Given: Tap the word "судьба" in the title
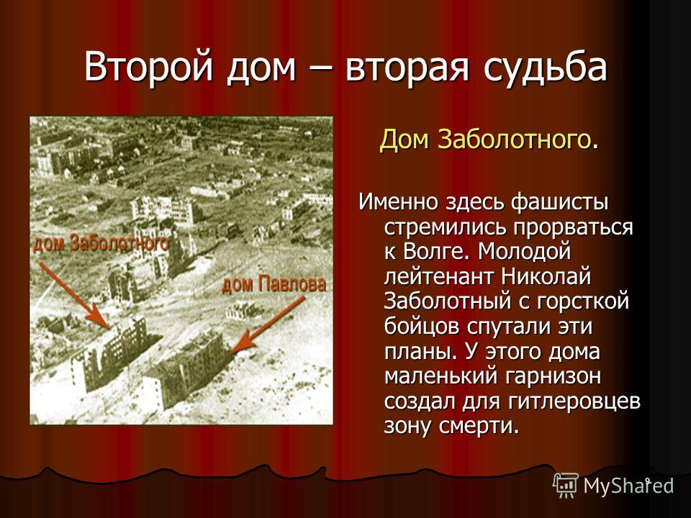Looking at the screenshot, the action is click(545, 67).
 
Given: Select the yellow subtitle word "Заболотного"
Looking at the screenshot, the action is click(514, 140).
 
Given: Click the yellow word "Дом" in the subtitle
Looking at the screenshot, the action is click(405, 139).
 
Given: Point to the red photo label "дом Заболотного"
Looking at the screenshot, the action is click(101, 243).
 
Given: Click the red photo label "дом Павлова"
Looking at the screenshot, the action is click(274, 285).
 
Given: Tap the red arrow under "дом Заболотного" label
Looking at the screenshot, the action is click(74, 296).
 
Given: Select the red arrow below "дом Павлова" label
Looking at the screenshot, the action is click(268, 324).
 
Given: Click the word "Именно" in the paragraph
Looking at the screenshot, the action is click(398, 202).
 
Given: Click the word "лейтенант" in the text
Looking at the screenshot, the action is click(439, 277).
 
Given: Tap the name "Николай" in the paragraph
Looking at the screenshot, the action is click(546, 276).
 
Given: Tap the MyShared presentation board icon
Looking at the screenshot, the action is click(566, 485).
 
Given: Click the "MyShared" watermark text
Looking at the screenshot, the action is click(628, 486).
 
